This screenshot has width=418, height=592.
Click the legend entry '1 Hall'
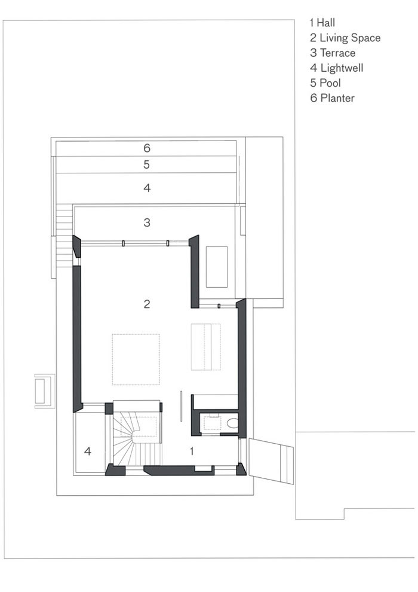(322, 23)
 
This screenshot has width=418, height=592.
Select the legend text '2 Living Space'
(345, 38)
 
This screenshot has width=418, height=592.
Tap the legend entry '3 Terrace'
(333, 53)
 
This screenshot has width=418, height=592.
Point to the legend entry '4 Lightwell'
(337, 68)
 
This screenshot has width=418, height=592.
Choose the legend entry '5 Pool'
(325, 83)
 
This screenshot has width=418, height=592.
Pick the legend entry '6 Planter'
(333, 98)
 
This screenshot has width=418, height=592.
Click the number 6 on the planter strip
(147, 148)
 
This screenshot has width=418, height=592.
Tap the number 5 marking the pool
(147, 164)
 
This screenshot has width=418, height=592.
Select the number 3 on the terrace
(147, 222)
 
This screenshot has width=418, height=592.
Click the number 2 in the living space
(147, 304)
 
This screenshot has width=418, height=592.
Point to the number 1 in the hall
(192, 451)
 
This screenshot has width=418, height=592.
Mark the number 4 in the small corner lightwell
(88, 451)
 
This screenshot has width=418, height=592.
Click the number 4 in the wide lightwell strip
(147, 188)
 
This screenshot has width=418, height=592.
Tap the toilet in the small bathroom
(232, 422)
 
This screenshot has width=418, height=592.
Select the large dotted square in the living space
(136, 359)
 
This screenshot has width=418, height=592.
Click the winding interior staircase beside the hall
(136, 438)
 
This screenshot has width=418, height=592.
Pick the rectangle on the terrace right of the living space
(217, 267)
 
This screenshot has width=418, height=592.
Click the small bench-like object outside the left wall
(44, 391)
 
